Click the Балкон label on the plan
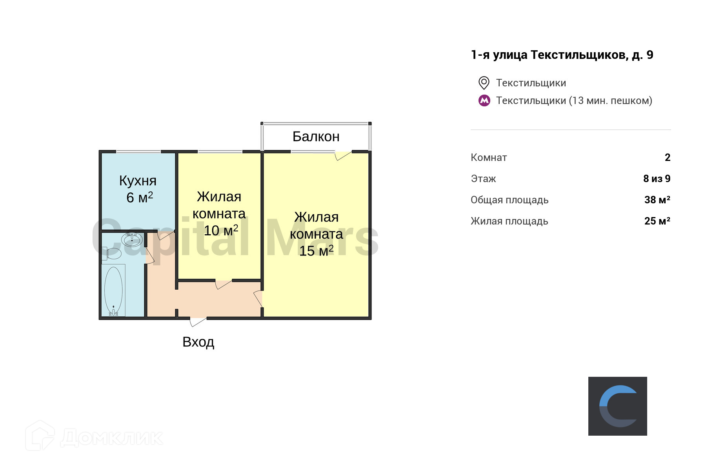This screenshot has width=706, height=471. click(x=316, y=137)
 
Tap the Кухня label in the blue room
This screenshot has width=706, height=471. click(x=138, y=181)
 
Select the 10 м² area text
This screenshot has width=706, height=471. click(x=221, y=230)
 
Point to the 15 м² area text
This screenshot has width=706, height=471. click(x=316, y=250)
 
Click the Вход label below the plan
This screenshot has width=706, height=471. click(x=198, y=342)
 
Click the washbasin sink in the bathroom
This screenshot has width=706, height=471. click(x=132, y=239)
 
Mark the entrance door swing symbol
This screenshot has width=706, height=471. click(x=198, y=322)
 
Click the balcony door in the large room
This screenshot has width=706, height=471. click(x=343, y=156)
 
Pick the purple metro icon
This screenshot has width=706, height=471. click(x=484, y=101)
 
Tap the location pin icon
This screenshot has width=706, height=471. click(x=484, y=83)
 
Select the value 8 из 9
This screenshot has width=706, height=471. click(x=657, y=179)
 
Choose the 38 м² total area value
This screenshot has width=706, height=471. click(x=657, y=200)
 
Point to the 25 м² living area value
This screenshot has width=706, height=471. click(x=657, y=221)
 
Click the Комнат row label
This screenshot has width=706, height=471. click(x=489, y=158)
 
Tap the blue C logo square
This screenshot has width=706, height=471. click(x=618, y=406)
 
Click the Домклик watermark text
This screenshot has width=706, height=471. click(x=112, y=438)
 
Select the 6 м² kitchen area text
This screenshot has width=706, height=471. click(x=140, y=197)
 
